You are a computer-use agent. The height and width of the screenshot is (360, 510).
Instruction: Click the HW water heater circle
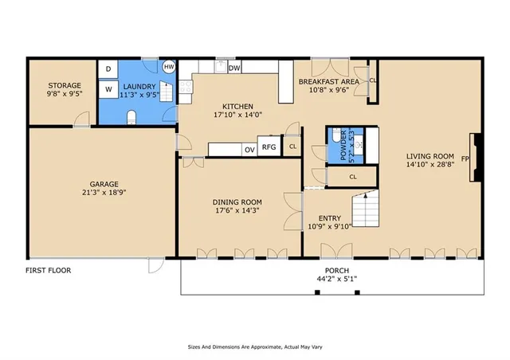tap(169, 67)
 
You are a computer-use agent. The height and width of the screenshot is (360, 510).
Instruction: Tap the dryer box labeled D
tap(108, 69)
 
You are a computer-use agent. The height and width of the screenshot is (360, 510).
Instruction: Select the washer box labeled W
tap(108, 89)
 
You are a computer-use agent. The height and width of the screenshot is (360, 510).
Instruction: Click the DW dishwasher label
tap(234, 68)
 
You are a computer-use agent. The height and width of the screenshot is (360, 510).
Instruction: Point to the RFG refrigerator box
tap(269, 147)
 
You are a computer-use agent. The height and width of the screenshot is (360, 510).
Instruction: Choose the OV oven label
tap(249, 150)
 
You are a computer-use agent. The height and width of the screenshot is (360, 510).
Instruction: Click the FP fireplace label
tap(465, 159)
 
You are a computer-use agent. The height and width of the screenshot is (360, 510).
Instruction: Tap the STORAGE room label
tap(65, 85)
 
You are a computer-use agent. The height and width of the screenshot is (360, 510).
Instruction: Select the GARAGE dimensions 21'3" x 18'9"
tap(104, 192)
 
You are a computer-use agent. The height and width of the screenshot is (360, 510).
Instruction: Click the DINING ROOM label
tap(237, 202)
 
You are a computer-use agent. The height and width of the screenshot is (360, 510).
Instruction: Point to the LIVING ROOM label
tap(430, 156)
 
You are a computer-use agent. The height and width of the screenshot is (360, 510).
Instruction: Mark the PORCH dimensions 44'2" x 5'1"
tap(337, 279)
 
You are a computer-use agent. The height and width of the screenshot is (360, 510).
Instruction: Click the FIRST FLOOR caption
tap(48, 270)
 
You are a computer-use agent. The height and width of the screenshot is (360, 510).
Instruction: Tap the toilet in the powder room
tap(336, 135)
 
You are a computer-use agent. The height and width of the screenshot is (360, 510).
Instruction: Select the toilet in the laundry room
tap(131, 117)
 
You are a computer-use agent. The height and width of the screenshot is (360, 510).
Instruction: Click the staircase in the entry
tap(366, 209)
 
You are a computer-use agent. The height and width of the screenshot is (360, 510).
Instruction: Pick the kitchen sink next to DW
tap(222, 67)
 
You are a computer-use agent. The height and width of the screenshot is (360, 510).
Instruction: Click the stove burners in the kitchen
tap(186, 87)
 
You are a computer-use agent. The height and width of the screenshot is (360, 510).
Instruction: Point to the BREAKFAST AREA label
tap(329, 81)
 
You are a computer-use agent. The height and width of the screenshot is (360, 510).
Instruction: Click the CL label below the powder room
tap(353, 177)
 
